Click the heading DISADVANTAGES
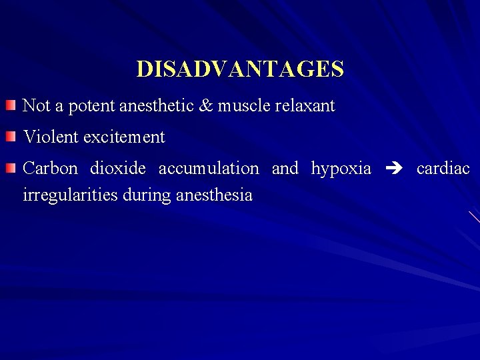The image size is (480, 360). click(240, 69)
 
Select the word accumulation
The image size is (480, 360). click(209, 169)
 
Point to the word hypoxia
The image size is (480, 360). click(341, 169)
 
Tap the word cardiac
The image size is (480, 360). click(443, 169)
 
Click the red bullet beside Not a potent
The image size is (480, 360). click(9, 105)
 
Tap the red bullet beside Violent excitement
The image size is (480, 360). click(9, 137)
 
